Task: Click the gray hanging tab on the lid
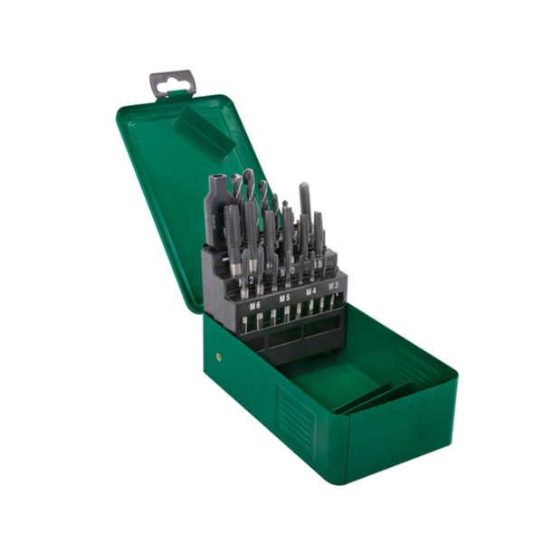(172, 82)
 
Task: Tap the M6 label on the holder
(254, 306)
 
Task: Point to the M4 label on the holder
(310, 291)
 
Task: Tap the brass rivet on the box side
(218, 357)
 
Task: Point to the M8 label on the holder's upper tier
(319, 263)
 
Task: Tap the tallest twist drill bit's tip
(247, 173)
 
